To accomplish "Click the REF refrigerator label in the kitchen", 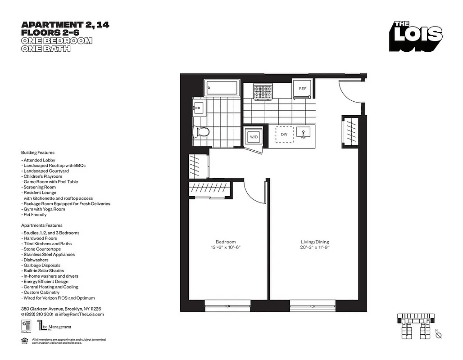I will pyautogui.click(x=302, y=89).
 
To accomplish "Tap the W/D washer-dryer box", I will pyautogui.click(x=253, y=136).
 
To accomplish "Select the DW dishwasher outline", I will pyautogui.click(x=284, y=134).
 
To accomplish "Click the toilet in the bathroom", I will pyautogui.click(x=201, y=132).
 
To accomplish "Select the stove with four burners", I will pyautogui.click(x=263, y=91).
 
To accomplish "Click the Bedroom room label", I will pyautogui.click(x=225, y=242).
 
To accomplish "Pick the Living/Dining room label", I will pyautogui.click(x=315, y=242).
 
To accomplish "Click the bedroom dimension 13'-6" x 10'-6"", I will pyautogui.click(x=225, y=247).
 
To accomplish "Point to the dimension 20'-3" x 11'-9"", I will pyautogui.click(x=315, y=247).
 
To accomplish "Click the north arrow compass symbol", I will pyautogui.click(x=439, y=335).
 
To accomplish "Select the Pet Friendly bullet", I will pyautogui.click(x=35, y=215).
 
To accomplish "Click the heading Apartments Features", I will pyautogui.click(x=42, y=225).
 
